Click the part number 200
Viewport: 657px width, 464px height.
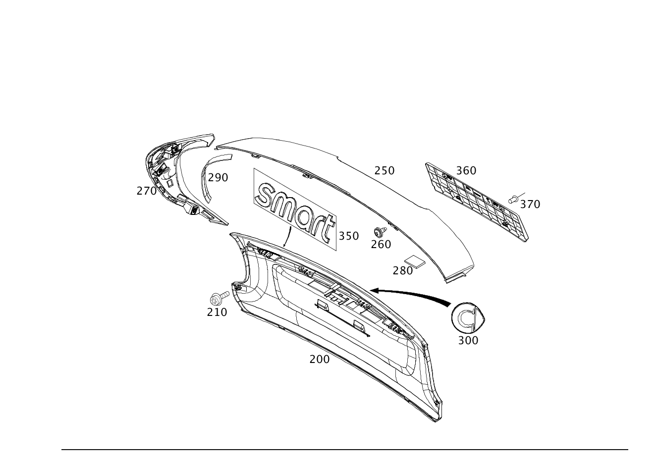(x=319, y=360)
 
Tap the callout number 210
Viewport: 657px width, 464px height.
(x=217, y=312)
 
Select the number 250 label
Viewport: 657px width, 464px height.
(x=384, y=171)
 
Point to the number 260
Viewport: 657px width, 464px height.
(x=381, y=244)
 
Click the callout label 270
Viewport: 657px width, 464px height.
(x=147, y=191)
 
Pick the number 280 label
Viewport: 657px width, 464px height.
(x=402, y=270)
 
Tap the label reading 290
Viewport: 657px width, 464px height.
(x=218, y=177)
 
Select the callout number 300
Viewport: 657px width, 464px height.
(x=468, y=340)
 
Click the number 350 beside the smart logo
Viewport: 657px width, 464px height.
(x=348, y=236)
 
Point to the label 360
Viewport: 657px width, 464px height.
(x=466, y=171)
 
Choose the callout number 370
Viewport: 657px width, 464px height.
(x=530, y=204)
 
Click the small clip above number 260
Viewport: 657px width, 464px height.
(x=380, y=231)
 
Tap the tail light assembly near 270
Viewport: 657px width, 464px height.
(x=178, y=173)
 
